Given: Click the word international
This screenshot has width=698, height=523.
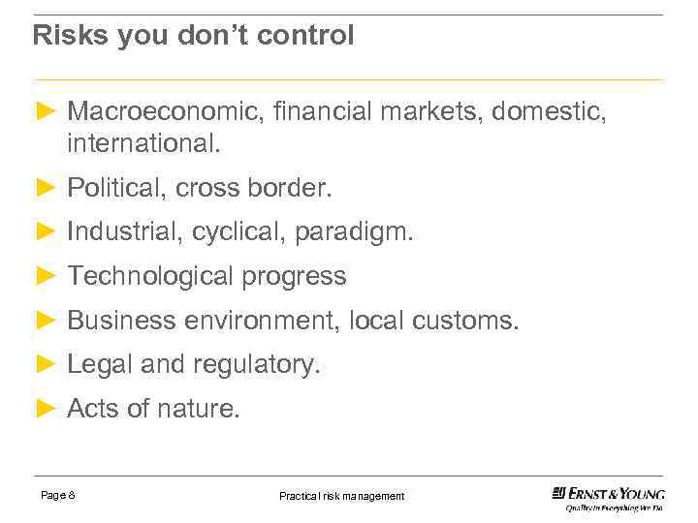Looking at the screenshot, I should [143, 144].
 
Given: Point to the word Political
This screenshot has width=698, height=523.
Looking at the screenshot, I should [116, 188].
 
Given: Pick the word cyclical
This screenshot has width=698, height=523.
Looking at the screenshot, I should [238, 232].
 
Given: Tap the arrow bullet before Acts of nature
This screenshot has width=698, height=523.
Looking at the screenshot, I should [44, 409].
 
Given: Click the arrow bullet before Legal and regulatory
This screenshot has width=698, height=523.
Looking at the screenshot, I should [44, 364].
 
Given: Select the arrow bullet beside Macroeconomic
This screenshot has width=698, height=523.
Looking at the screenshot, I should [44, 111].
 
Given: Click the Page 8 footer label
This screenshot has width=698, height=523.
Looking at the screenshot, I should [58, 496].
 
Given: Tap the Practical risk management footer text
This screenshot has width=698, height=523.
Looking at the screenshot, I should [341, 496].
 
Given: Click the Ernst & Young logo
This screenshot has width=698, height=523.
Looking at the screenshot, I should [608, 498].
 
